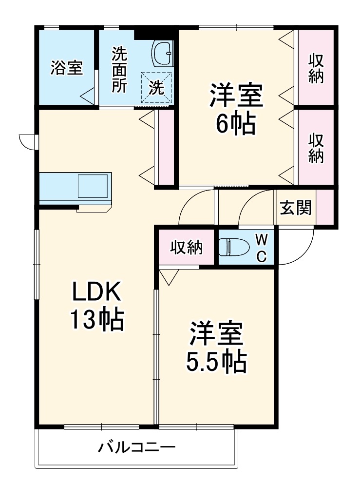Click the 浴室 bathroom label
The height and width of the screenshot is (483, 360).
(66, 68)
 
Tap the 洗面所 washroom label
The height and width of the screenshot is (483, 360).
(119, 70)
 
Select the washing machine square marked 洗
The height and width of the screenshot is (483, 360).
(157, 87)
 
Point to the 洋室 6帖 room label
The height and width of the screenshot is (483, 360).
(236, 110)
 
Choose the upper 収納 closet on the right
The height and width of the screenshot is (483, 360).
(316, 68)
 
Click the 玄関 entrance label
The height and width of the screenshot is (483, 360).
(295, 209)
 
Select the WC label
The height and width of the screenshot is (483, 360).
(261, 248)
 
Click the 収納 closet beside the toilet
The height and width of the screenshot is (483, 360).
(186, 248)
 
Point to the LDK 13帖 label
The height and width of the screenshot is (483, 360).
(96, 306)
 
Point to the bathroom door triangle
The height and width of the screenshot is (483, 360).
(88, 96)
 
